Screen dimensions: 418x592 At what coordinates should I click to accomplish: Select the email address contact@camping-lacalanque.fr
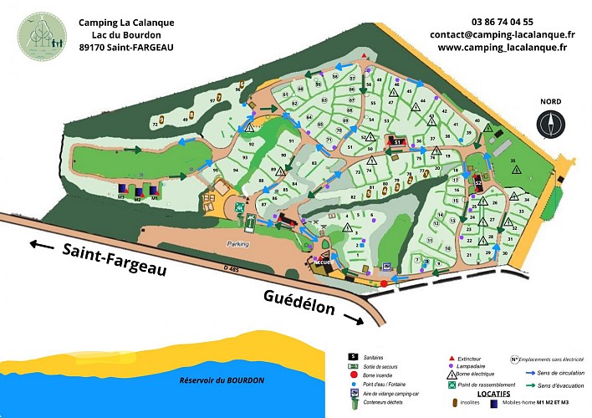(503, 35)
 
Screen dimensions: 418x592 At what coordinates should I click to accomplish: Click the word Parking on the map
(238, 245)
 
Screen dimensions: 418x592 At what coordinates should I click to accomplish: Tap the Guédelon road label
(299, 303)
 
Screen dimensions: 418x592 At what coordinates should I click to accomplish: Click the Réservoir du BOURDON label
(222, 380)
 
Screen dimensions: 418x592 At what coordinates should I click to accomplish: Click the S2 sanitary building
(477, 180)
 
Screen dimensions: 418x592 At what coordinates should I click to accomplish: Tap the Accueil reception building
(322, 262)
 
